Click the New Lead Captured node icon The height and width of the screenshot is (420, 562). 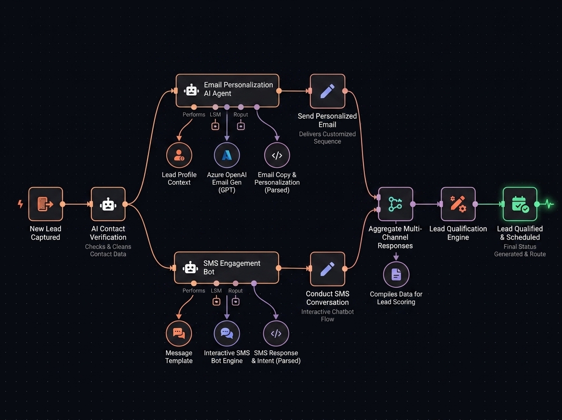click(x=45, y=204)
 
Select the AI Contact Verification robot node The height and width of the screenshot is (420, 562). click(x=108, y=204)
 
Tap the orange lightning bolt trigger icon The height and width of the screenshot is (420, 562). click(x=21, y=204)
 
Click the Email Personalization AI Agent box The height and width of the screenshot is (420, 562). click(x=227, y=91)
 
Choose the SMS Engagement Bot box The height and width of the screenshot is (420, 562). click(x=227, y=268)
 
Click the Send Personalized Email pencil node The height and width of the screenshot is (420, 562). click(x=327, y=91)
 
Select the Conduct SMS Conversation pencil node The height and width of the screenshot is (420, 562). click(x=327, y=269)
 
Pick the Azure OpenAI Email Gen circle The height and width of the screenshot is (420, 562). click(x=227, y=155)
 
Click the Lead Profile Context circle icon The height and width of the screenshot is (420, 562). click(x=179, y=155)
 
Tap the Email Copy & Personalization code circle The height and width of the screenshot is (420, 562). click(x=277, y=155)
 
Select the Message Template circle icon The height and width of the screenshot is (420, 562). click(x=179, y=333)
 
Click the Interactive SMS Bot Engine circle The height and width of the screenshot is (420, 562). click(x=227, y=333)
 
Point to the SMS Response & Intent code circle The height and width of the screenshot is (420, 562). click(x=276, y=333)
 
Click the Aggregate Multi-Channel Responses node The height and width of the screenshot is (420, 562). click(x=396, y=204)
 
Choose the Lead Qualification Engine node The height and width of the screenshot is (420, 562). click(x=458, y=204)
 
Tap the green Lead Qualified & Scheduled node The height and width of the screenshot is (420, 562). click(x=520, y=204)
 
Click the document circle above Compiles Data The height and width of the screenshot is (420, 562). click(x=396, y=274)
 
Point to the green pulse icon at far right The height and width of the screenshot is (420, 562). click(x=549, y=204)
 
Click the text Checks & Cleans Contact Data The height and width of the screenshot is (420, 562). click(x=108, y=250)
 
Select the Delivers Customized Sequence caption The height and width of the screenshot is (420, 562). click(x=327, y=138)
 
